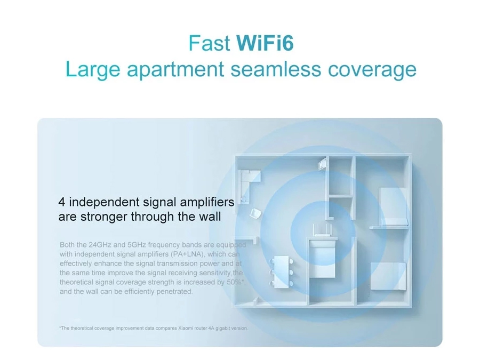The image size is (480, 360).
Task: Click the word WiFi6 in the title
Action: click(x=265, y=43)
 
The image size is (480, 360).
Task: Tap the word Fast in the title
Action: click(x=210, y=43)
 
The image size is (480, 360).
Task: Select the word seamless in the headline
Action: click(x=276, y=69)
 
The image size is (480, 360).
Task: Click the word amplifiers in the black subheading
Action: click(x=207, y=202)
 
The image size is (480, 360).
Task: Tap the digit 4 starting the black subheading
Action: click(x=61, y=202)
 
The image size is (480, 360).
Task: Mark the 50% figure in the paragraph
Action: click(x=234, y=282)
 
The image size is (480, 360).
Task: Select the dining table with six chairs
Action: click(x=281, y=272)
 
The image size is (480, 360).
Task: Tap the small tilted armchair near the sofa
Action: click(x=255, y=213)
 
